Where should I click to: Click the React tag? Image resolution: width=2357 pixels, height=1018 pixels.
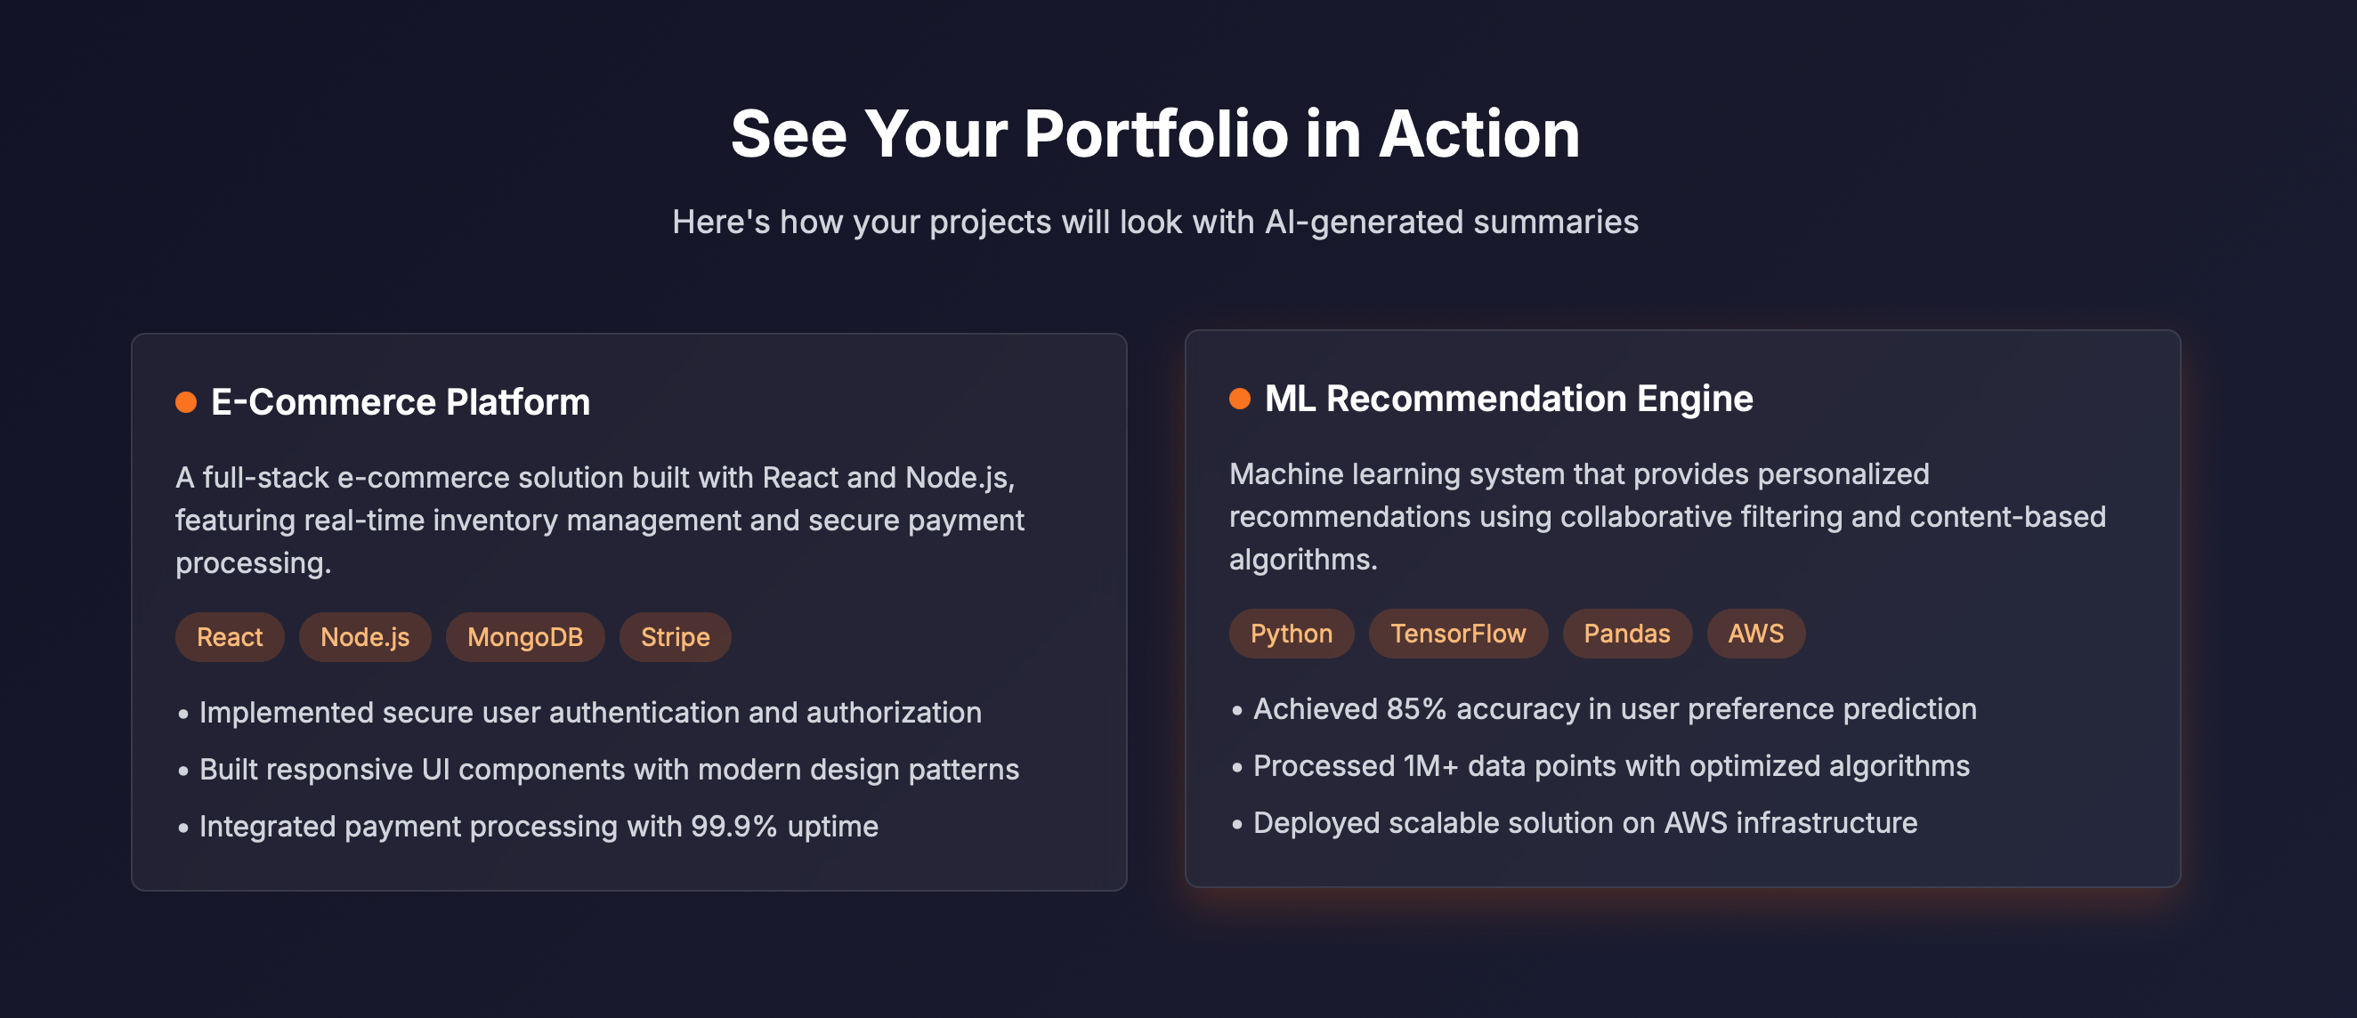(x=230, y=636)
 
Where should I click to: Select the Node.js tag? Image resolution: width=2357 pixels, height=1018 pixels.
(x=365, y=636)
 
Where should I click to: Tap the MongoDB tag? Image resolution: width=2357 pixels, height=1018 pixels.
(x=525, y=636)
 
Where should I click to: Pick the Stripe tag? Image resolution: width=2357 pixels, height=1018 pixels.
(x=676, y=636)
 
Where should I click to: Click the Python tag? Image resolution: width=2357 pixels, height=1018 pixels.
(x=1291, y=633)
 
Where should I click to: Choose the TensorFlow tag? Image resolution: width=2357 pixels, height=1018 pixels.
(x=1459, y=633)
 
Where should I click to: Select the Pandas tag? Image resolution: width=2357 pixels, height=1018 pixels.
(x=1627, y=633)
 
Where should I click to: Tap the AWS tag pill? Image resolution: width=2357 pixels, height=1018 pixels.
(x=1756, y=633)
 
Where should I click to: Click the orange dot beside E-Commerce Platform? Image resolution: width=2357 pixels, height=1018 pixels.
(x=187, y=402)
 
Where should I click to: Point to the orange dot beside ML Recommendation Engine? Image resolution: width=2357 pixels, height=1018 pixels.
(x=1240, y=399)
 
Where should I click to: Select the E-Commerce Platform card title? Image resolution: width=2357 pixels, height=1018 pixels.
(x=401, y=402)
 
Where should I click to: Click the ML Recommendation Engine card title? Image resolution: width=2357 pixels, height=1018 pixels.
(x=1509, y=399)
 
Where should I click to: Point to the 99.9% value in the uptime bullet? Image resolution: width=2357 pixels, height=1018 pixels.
(x=733, y=826)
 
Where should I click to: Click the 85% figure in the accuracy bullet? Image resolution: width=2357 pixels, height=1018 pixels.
(x=1416, y=709)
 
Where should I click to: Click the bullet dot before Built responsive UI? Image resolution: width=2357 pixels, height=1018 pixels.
(x=184, y=771)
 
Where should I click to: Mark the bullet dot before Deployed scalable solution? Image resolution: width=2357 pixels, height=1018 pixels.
(x=1237, y=824)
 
